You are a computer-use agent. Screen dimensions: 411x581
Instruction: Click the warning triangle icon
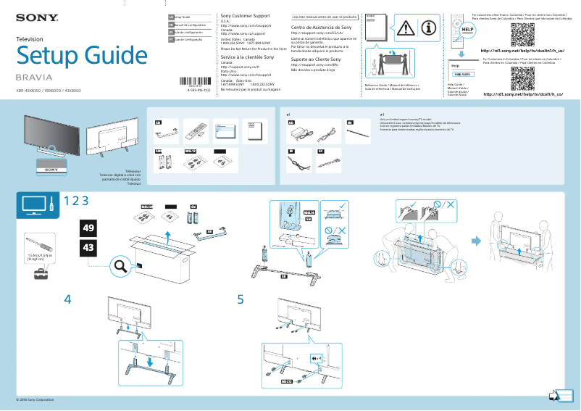click(406, 28)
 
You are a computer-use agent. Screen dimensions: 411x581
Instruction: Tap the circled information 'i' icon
click(429, 28)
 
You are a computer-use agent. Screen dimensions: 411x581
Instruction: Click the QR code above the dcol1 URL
click(522, 78)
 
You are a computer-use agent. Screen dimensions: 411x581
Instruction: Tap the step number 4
click(68, 299)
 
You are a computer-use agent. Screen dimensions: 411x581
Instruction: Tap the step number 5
click(241, 299)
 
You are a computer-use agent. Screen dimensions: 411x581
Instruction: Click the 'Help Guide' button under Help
click(462, 74)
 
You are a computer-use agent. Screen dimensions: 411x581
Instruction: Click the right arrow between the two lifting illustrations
click(476, 241)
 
